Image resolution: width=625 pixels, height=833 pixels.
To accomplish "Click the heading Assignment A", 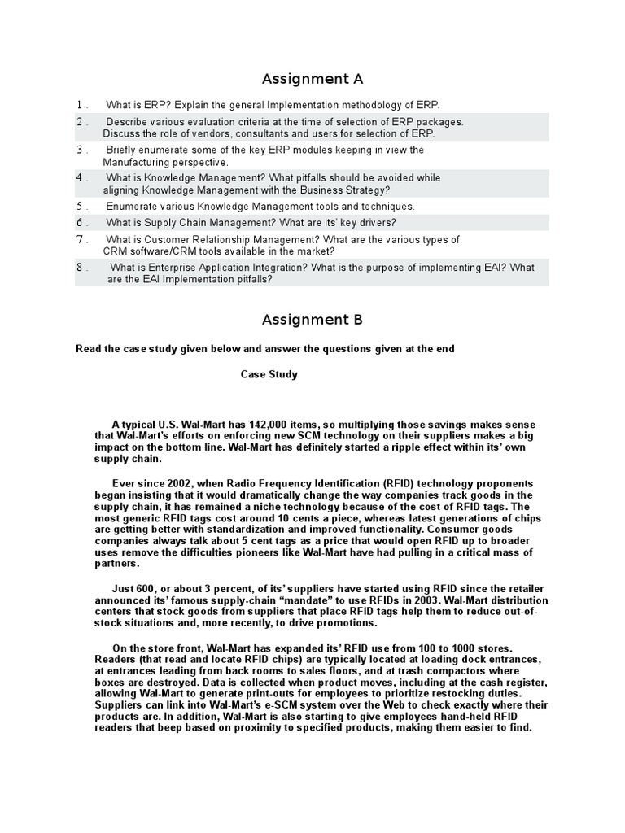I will [x=312, y=79].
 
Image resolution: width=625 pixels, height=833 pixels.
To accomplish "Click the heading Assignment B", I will [x=312, y=319].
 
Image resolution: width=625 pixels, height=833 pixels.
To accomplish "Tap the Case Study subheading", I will [x=269, y=375].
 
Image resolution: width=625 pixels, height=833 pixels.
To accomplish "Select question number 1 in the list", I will [x=81, y=105].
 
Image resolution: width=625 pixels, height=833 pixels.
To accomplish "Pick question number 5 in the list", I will [x=81, y=206].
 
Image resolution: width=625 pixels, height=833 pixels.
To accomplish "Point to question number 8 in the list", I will [x=81, y=268].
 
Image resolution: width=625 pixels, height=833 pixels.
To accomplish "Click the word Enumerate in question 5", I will [x=133, y=206].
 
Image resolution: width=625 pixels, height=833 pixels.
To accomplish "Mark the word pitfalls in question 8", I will [x=247, y=279].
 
